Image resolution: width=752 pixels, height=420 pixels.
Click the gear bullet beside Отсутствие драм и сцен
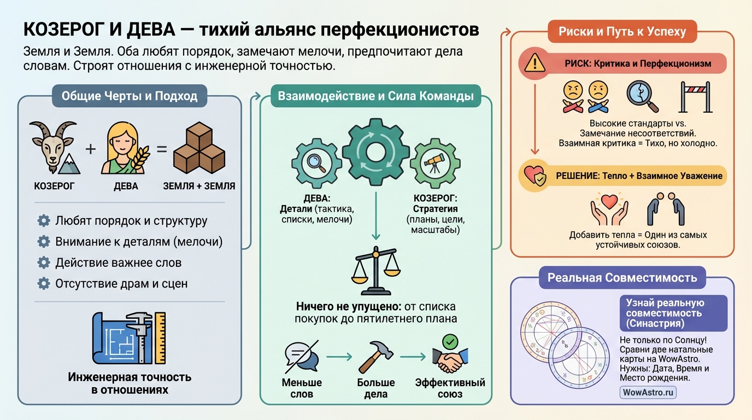point(44,283)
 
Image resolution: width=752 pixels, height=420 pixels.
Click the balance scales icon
point(375,271)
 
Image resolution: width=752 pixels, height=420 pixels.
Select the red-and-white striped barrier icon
point(695,97)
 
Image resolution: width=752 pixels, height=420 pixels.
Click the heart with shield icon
point(534,175)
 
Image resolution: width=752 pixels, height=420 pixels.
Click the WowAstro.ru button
point(648,392)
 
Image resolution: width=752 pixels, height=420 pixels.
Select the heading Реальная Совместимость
point(622,277)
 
